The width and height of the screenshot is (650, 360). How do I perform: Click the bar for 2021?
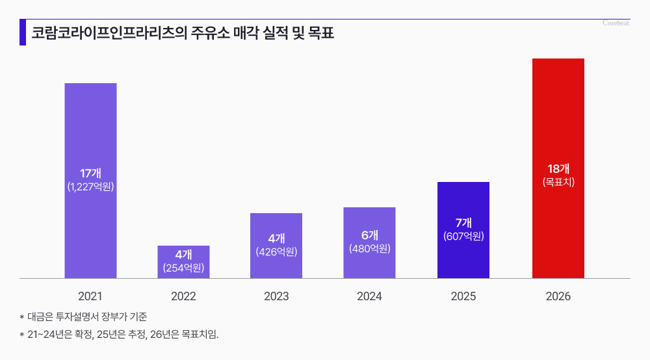90,130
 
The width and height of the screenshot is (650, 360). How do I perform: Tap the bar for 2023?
276,227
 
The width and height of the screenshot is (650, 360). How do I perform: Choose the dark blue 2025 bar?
463,208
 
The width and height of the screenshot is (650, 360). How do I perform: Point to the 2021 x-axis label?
90,296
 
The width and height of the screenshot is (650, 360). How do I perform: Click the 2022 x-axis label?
183,296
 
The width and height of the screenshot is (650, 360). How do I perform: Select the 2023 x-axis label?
276,296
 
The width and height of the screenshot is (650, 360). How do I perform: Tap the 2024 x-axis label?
369,296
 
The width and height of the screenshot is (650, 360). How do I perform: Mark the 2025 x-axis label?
463,296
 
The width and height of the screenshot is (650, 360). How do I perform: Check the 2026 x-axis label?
558,296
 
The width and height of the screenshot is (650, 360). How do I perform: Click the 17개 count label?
90,174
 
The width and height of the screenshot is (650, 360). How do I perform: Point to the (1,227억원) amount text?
90,187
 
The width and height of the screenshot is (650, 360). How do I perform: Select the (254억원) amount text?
183,267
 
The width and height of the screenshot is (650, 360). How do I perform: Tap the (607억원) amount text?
463,237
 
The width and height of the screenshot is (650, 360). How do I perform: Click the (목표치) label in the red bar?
558,183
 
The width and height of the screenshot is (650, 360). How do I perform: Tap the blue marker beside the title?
23,32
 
